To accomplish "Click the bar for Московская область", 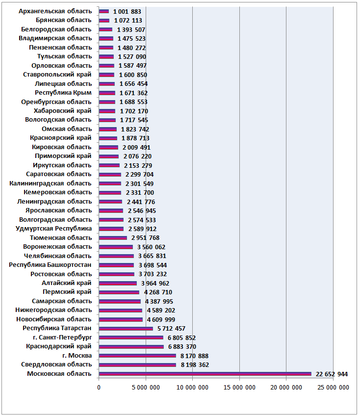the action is [x=205, y=374].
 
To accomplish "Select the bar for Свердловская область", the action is [x=137, y=365].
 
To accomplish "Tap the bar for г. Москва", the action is [x=137, y=356].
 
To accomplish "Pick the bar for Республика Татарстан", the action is [x=126, y=329].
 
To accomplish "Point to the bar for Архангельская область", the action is [x=103, y=11].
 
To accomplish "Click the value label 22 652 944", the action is [x=332, y=374].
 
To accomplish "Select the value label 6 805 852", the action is [x=182, y=338].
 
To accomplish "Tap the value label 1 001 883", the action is [x=127, y=12].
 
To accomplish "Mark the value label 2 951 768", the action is [x=145, y=238].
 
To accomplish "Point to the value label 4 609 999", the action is [x=161, y=320].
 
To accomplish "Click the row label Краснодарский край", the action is [x=59, y=346].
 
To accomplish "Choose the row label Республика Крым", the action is [x=63, y=93].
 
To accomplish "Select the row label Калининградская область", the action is [x=51, y=183].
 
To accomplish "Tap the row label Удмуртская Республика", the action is [x=53, y=229].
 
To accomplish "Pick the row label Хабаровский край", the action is [x=63, y=111].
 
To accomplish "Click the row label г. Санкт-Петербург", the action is [x=62, y=337].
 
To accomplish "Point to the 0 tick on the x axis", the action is [x=99, y=388].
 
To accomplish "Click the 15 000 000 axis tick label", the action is [x=239, y=388].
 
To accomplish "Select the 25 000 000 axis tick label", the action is [x=333, y=388].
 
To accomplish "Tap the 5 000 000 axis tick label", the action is [x=146, y=388].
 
